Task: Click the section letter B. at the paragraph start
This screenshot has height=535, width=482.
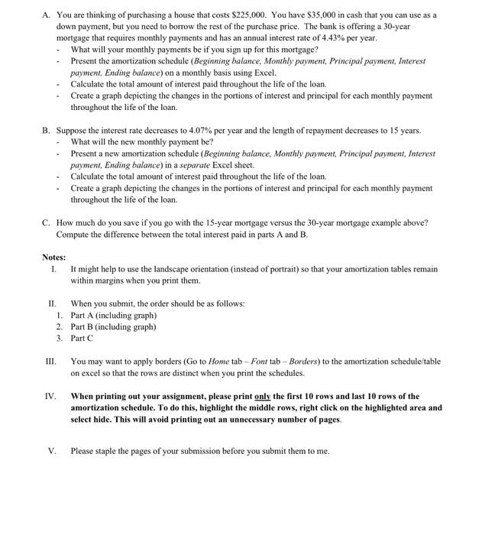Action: tap(47, 131)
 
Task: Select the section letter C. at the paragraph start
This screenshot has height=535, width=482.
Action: tap(47, 222)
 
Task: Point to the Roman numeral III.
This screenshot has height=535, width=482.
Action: tap(51, 362)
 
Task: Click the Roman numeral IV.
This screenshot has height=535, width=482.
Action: tap(51, 397)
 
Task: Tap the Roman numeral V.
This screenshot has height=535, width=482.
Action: tap(52, 451)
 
